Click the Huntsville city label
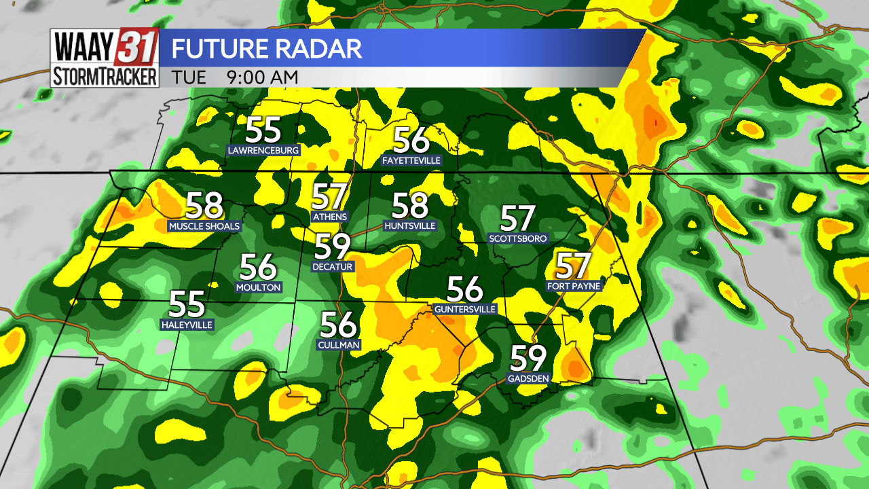409,225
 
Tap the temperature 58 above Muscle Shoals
204,205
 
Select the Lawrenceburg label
263,150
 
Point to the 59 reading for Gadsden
528,359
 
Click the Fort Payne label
574,286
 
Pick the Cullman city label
339,345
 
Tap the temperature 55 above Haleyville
187,304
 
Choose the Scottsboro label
518,238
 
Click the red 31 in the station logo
139,48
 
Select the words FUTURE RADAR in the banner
266,49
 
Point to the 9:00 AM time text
263,77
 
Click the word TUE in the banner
189,77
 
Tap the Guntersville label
465,309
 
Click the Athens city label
329,217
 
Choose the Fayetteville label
411,161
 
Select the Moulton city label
258,287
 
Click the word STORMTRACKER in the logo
105,76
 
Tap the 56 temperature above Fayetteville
411,141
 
